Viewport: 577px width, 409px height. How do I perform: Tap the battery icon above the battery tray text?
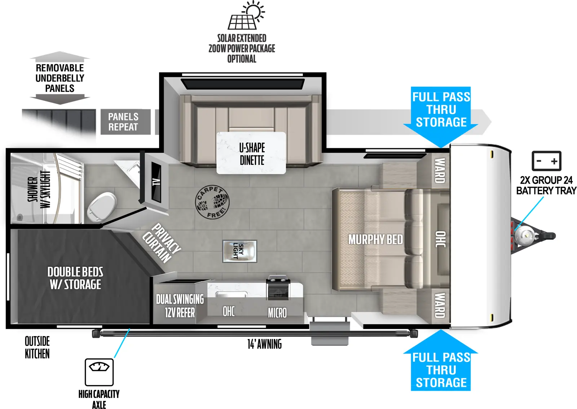pos(546,161)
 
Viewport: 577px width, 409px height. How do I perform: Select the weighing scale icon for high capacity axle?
pos(99,372)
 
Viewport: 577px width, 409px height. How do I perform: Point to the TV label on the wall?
pos(156,182)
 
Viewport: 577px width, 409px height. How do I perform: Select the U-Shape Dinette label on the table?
pos(252,154)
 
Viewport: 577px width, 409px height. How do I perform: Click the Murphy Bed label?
pos(375,239)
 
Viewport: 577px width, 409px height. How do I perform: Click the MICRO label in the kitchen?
pos(277,313)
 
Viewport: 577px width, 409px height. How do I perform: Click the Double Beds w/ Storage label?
pos(75,278)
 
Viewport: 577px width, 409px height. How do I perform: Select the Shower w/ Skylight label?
pos(39,189)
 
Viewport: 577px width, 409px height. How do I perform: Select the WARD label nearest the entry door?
pos(439,305)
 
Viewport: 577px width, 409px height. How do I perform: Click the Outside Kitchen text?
pos(37,347)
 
